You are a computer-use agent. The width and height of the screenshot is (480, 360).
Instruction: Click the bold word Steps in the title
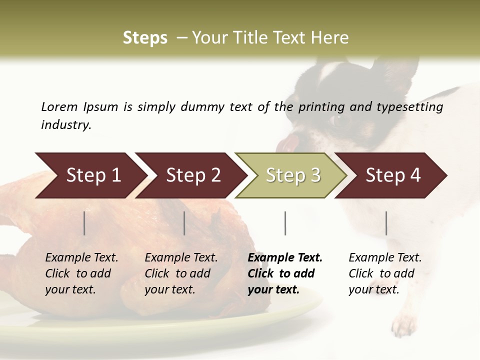pyautogui.click(x=145, y=38)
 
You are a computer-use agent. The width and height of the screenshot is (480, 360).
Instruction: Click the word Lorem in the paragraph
pyautogui.click(x=59, y=106)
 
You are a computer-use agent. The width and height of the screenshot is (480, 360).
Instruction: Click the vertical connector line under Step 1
pyautogui.click(x=84, y=223)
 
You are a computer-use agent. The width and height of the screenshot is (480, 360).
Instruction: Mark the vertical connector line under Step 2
pyautogui.click(x=184, y=223)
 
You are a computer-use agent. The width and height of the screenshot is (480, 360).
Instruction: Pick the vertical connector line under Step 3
pyautogui.click(x=285, y=223)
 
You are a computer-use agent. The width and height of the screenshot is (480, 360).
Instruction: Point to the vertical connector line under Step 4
pyautogui.click(x=386, y=223)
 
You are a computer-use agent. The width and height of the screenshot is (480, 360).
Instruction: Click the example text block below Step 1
pyautogui.click(x=81, y=273)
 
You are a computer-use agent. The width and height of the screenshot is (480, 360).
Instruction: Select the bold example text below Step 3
pyautogui.click(x=285, y=273)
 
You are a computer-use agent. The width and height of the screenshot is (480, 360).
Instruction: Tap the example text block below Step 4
pyautogui.click(x=385, y=273)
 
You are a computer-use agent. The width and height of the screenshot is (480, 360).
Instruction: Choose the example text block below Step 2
pyautogui.click(x=181, y=273)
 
